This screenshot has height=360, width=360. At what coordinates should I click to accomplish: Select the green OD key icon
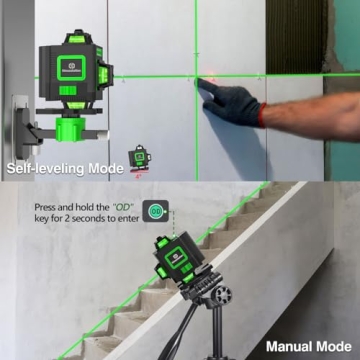154,212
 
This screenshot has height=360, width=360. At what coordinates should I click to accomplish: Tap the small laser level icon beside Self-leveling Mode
139,161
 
